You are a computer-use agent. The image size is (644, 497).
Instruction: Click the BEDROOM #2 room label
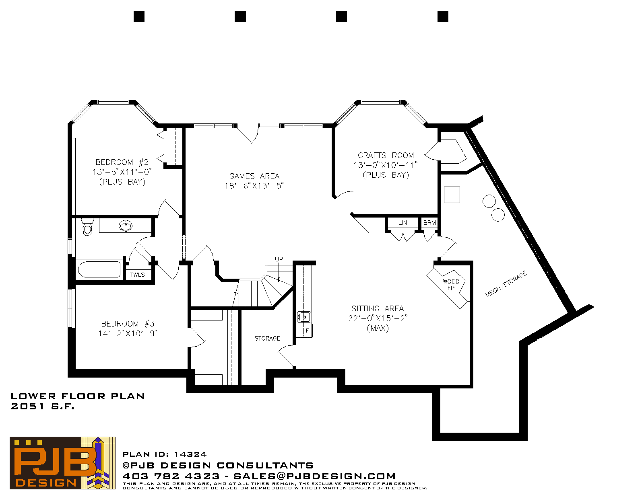point(122,162)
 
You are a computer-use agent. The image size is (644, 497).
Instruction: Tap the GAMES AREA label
point(254,176)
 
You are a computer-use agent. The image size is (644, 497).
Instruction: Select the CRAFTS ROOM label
point(386,155)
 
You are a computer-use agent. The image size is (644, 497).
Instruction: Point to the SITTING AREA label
point(378,308)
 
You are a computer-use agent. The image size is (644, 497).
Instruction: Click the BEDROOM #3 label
point(128,324)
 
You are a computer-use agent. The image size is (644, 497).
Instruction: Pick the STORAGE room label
point(267,338)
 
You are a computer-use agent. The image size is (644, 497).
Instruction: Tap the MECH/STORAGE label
point(506,283)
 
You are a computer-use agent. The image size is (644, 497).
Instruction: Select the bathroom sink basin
point(126,226)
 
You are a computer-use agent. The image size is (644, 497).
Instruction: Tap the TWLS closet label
point(138,275)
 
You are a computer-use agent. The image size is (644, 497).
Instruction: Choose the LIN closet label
point(402,223)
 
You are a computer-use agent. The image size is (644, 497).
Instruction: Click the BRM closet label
point(429,223)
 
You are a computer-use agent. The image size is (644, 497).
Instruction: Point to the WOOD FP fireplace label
point(451,284)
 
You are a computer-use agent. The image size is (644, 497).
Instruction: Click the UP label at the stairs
point(279,259)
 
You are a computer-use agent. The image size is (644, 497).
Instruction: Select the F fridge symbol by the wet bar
point(308,331)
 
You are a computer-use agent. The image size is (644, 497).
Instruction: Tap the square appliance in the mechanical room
point(452,195)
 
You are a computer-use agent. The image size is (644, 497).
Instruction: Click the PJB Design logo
point(62,463)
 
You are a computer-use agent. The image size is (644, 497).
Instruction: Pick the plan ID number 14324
point(190,454)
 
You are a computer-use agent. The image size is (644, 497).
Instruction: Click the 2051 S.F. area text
point(42,407)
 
